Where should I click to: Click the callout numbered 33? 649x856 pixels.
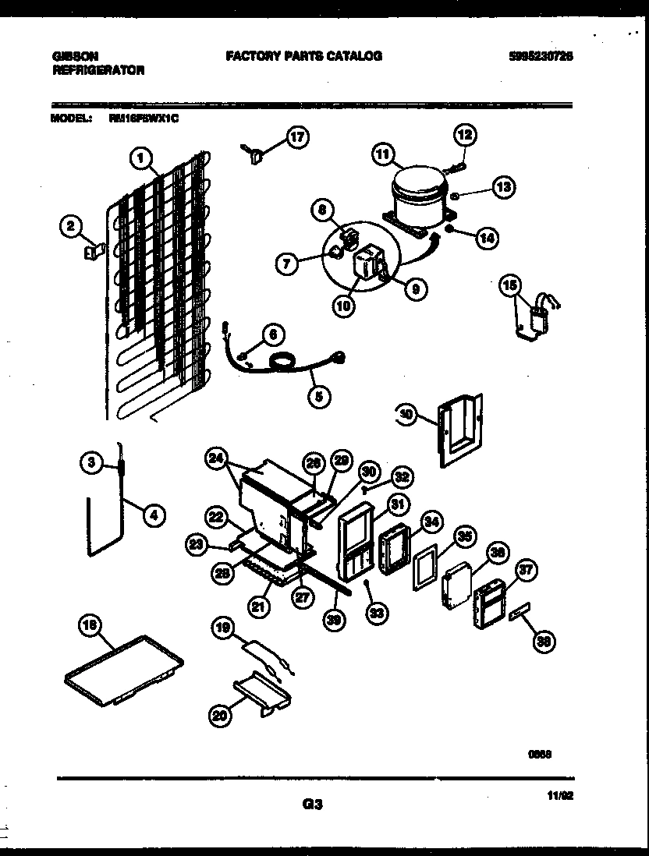(377, 614)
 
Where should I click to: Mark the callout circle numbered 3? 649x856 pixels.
(92, 463)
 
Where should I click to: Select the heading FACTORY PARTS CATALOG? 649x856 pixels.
(303, 56)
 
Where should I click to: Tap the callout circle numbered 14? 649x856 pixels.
(488, 238)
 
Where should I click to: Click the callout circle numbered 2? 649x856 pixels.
(71, 227)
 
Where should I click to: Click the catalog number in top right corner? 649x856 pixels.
(541, 56)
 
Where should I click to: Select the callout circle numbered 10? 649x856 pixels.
(344, 306)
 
